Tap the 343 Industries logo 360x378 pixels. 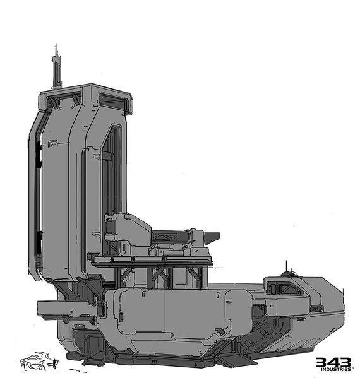coord(333,363)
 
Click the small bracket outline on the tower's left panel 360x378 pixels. coord(52,144)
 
